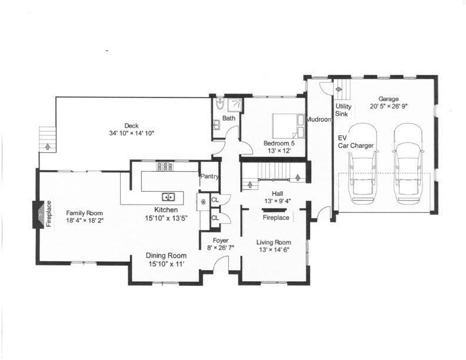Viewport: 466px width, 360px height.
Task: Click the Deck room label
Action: [131, 125]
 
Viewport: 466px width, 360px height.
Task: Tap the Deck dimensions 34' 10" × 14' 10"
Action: [131, 132]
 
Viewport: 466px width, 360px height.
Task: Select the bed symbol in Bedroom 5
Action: [285, 124]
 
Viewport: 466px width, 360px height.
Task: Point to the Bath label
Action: [228, 118]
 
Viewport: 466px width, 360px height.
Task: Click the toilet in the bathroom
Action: [219, 105]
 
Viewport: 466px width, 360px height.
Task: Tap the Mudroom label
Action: [319, 119]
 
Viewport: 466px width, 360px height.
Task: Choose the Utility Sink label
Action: [344, 110]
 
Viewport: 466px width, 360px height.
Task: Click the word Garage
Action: [389, 99]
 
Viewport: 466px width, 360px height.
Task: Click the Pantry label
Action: [209, 176]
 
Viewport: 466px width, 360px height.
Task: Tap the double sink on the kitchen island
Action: [168, 197]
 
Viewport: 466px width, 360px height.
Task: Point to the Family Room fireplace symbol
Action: [39, 214]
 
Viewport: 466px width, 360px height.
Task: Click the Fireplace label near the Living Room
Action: [275, 218]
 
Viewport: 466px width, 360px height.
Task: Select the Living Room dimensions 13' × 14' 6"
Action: [272, 249]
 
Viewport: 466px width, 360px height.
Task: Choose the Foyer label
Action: [221, 240]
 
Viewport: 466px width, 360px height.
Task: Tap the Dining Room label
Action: [167, 256]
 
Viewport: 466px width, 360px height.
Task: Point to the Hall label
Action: [277, 194]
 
